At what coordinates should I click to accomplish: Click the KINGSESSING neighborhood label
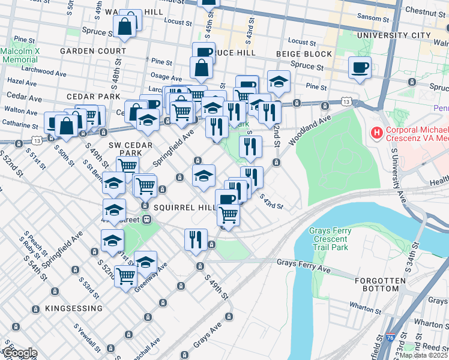(73, 308)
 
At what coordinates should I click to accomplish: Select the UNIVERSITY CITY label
(393, 35)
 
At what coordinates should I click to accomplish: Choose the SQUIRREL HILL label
(183, 207)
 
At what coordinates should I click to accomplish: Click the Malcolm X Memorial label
(20, 56)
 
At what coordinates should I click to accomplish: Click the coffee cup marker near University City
(360, 68)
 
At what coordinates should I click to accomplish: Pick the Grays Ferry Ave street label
(303, 262)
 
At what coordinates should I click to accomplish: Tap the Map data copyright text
(424, 355)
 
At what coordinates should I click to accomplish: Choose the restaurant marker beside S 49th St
(196, 239)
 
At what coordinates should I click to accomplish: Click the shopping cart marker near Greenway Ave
(125, 277)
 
